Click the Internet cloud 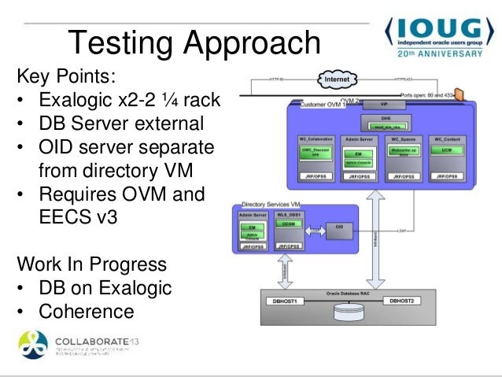point(338,80)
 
